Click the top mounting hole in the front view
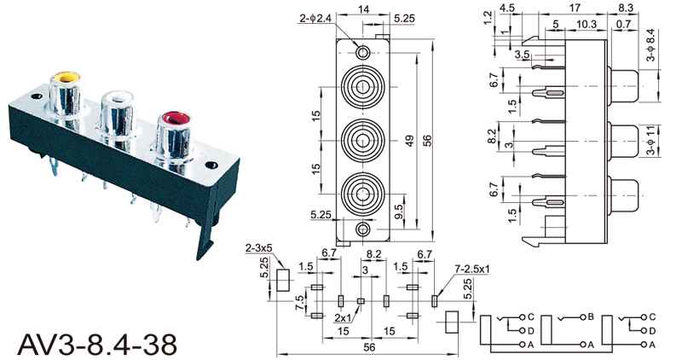coord(364,52)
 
